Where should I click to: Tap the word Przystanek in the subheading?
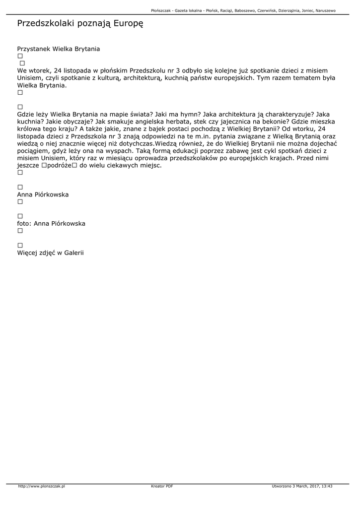(x=34, y=49)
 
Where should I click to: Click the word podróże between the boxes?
(x=60, y=165)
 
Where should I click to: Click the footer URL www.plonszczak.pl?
(x=42, y=486)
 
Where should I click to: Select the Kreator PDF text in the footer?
(x=162, y=486)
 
